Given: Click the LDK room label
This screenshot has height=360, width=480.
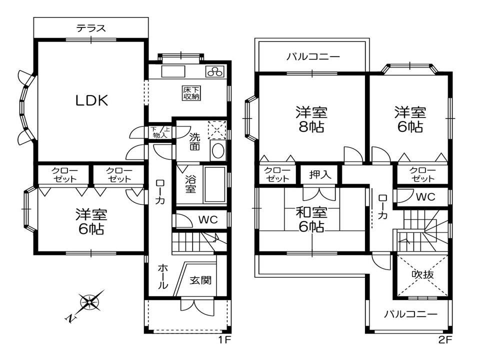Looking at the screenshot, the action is click(x=92, y=100).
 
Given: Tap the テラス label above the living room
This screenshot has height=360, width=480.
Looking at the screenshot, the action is click(x=91, y=28).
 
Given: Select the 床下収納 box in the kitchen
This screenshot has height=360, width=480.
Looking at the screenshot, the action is click(x=191, y=93).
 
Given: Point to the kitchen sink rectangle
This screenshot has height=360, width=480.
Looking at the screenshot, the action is click(x=173, y=72).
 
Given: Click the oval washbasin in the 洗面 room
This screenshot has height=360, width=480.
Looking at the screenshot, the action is click(x=217, y=150).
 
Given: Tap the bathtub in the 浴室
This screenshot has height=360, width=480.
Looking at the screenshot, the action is click(x=215, y=184).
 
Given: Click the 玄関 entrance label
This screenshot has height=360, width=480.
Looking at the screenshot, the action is click(x=200, y=280).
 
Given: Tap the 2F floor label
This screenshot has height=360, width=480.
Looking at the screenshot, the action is click(x=445, y=339).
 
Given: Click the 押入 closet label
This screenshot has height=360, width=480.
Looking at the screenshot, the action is click(x=320, y=174).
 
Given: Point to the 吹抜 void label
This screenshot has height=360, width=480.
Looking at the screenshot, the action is click(x=422, y=274).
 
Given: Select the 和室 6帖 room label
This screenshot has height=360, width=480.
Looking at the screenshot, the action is click(x=311, y=219).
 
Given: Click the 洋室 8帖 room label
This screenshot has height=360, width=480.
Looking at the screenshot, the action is click(x=311, y=119).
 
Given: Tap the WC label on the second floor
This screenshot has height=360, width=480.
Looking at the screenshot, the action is click(x=425, y=196).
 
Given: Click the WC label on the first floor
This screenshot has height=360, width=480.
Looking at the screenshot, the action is click(x=208, y=219).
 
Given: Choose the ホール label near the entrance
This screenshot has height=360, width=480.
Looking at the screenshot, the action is click(x=162, y=276).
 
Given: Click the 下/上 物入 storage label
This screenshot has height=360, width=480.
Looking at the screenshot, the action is click(x=160, y=132).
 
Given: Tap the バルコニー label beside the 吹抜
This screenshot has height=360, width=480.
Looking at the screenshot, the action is click(x=411, y=314).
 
